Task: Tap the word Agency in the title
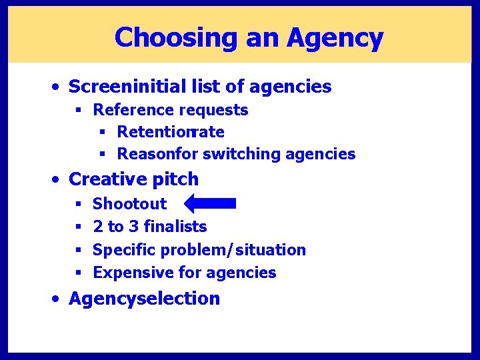(x=335, y=38)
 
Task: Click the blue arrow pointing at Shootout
(x=210, y=203)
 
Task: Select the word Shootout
(x=129, y=203)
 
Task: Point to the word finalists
(x=175, y=227)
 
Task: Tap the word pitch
(x=175, y=179)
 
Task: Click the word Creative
(x=107, y=179)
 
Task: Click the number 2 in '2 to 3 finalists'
(x=97, y=227)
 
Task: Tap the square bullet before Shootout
(x=79, y=203)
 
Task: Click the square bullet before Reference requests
(x=79, y=110)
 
